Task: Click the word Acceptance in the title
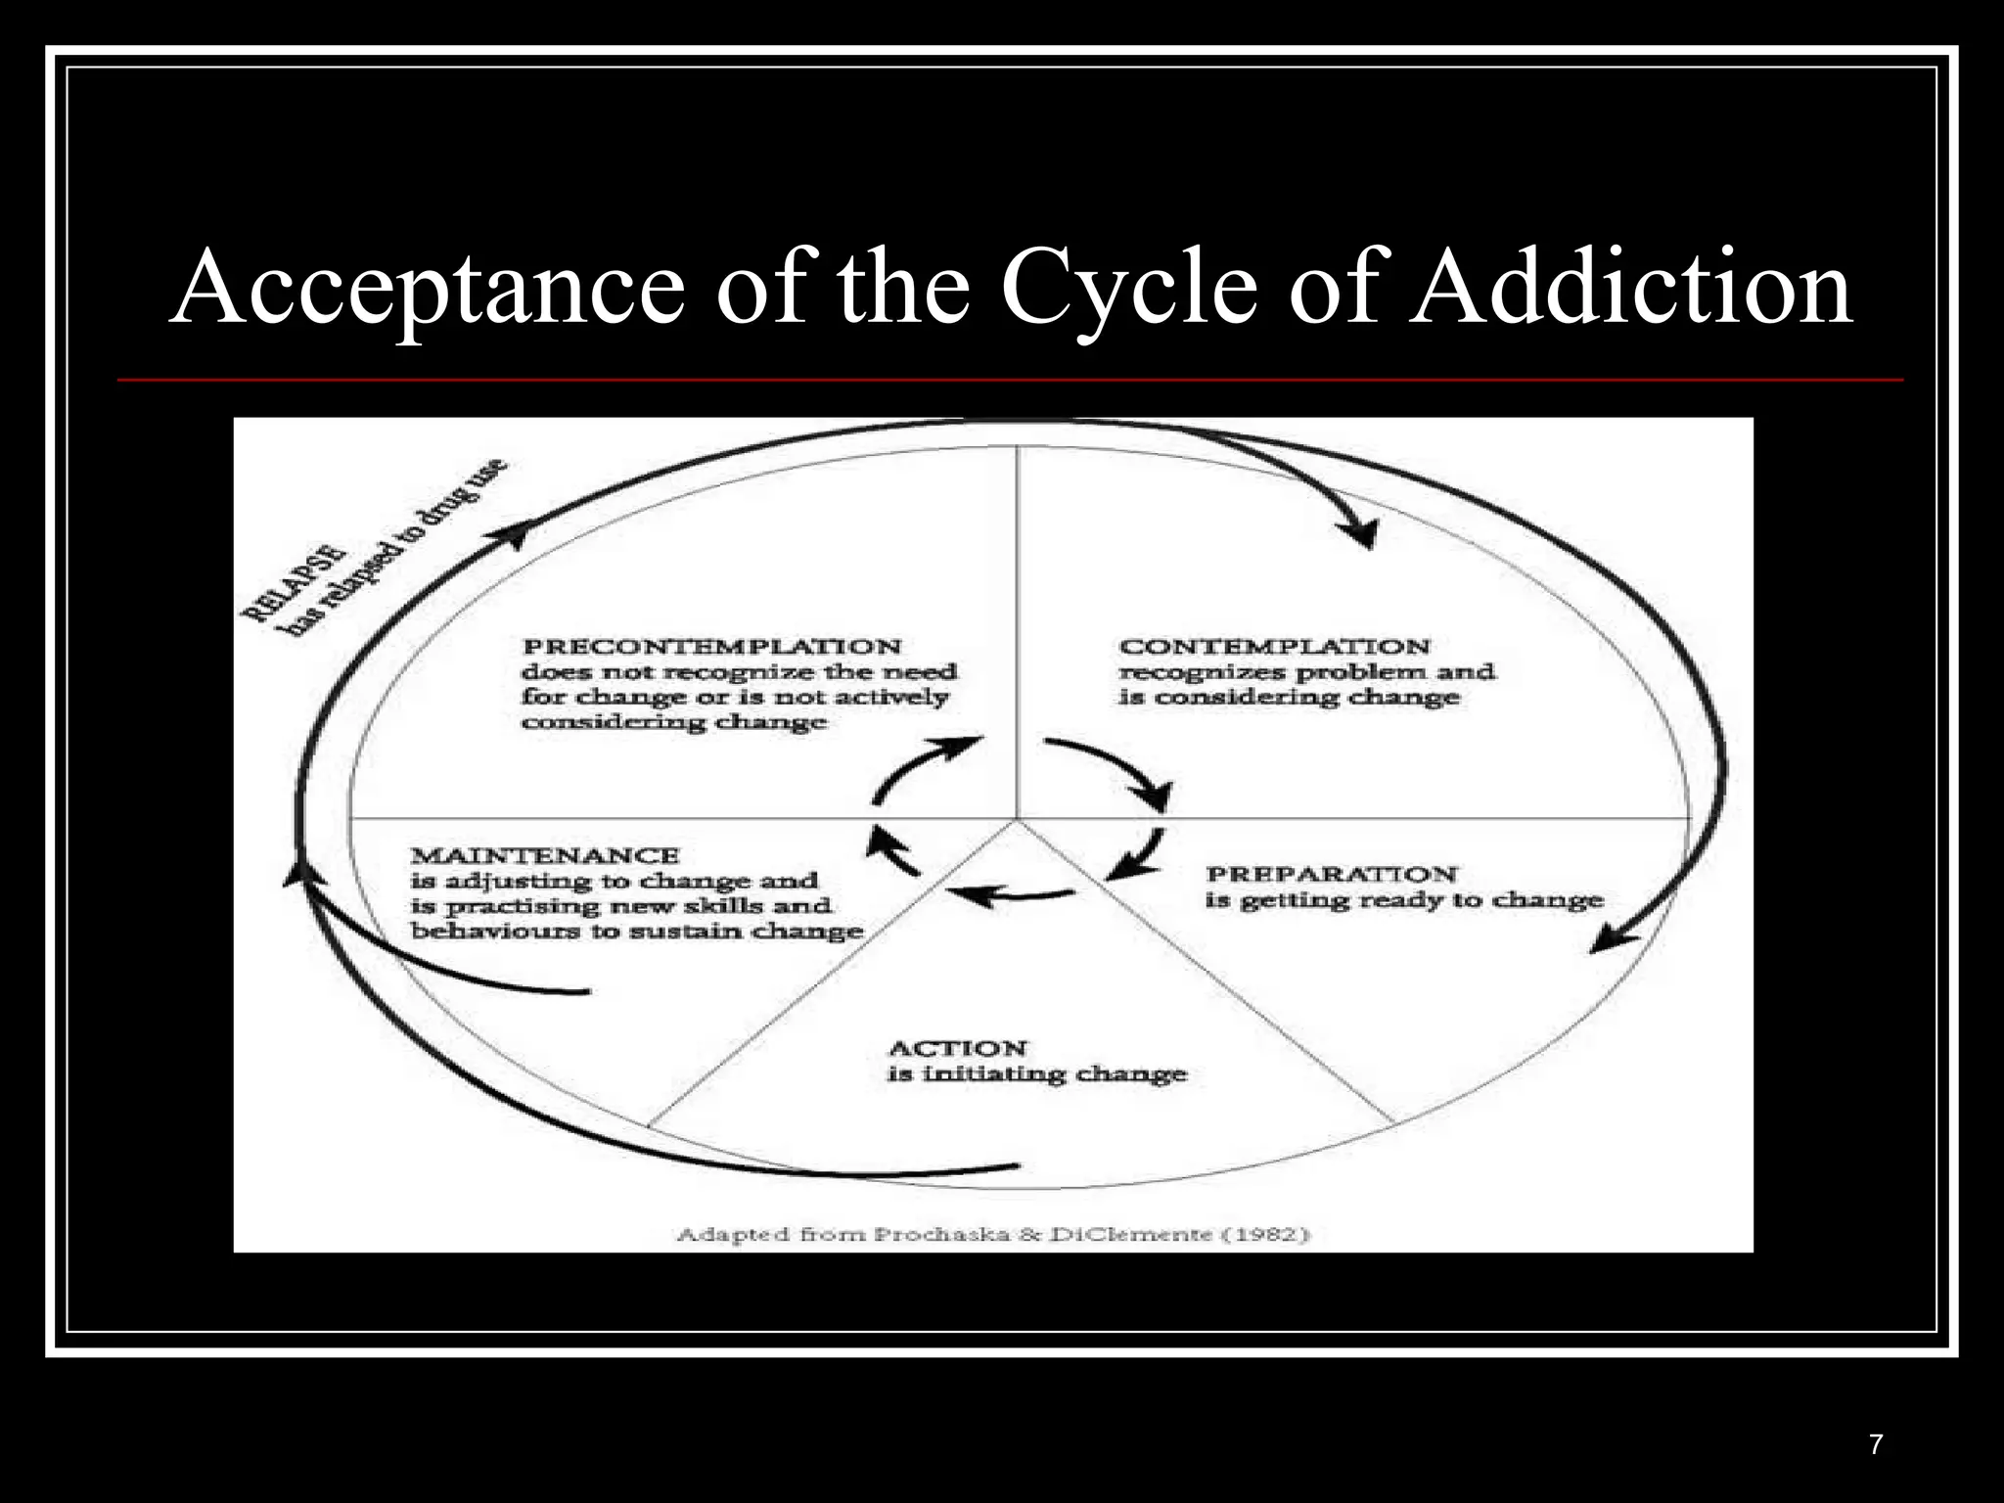coord(427,287)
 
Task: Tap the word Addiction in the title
coord(1631,287)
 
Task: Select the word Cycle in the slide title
coord(1128,287)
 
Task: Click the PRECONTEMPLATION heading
coord(711,647)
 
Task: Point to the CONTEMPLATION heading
coord(1274,647)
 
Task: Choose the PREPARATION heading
coord(1331,874)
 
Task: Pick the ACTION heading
coord(957,1048)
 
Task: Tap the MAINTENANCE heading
coord(544,855)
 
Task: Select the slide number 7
coord(1875,1444)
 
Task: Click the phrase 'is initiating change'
coord(1036,1074)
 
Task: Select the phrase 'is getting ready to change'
coord(1403,900)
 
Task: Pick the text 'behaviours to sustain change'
coord(636,931)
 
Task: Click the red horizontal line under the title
coord(1010,379)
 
